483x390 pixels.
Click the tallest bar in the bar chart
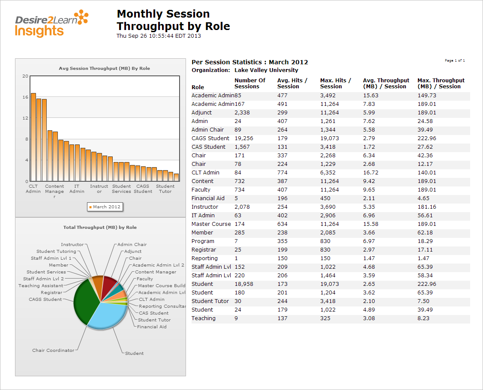coord(33,137)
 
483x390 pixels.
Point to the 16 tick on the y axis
coord(25,97)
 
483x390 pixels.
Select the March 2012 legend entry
coord(105,207)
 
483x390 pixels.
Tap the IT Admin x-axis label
coord(77,189)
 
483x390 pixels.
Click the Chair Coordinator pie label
coord(53,351)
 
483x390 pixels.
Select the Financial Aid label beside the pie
coord(152,327)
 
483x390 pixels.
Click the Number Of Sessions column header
coord(250,83)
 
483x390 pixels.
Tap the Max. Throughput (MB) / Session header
coord(441,83)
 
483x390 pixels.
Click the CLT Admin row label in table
coord(205,173)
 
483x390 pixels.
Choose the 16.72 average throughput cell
coord(371,173)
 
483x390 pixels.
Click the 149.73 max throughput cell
coord(426,96)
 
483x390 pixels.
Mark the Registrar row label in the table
coord(204,250)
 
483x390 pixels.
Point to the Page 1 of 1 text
coord(455,61)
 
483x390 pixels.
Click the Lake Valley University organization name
coord(266,70)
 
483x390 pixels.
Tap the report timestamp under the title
coord(159,36)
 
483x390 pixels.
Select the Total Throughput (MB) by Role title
coord(100,228)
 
